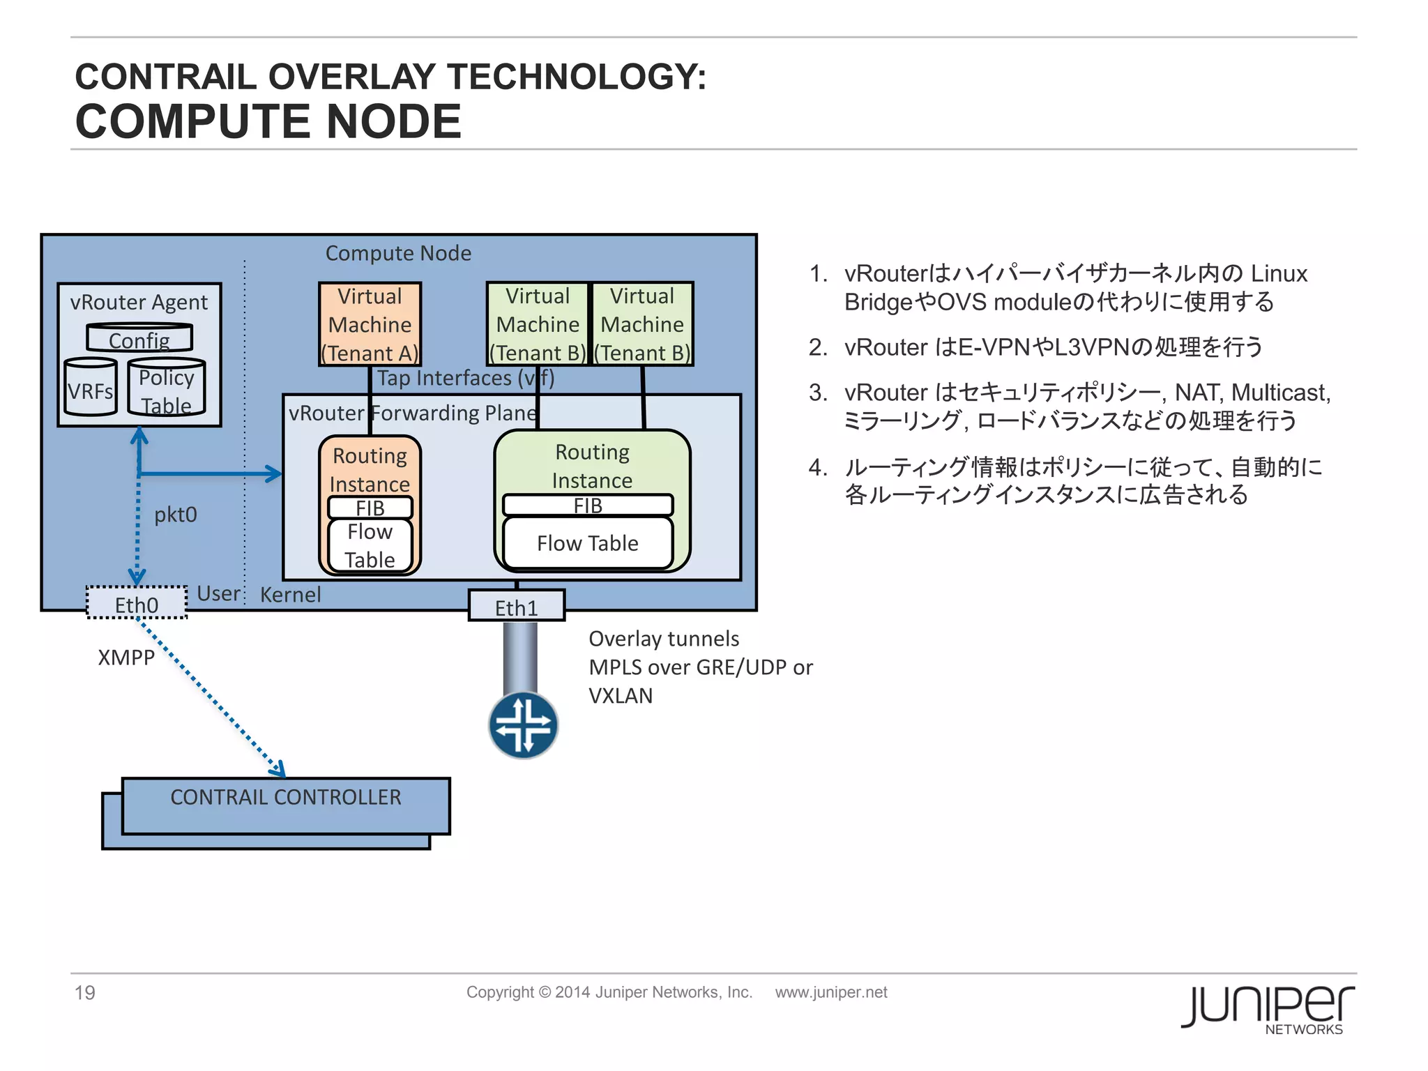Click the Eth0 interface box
tap(137, 603)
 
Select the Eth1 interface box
tap(516, 606)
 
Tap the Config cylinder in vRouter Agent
tap(139, 339)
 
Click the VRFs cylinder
tap(90, 389)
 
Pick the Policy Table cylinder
tap(166, 389)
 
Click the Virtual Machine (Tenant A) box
tap(370, 324)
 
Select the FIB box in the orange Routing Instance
tap(370, 508)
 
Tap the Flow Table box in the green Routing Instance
tap(588, 543)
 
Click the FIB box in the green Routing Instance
tap(588, 506)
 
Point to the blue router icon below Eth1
tap(523, 725)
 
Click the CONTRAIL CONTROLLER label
tap(286, 797)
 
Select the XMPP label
tap(126, 658)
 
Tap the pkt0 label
tap(176, 515)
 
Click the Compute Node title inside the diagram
tap(398, 253)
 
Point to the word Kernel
tap(291, 595)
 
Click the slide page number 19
tap(85, 992)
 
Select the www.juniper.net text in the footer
tap(831, 992)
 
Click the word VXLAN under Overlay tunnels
tap(621, 696)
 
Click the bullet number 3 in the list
tap(817, 393)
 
